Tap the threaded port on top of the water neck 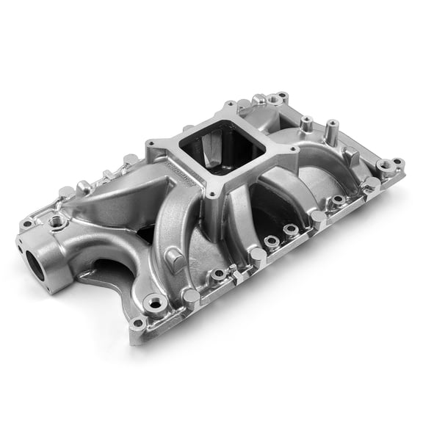point(56,220)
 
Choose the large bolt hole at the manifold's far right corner point(385,165)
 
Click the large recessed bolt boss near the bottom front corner point(155,301)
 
